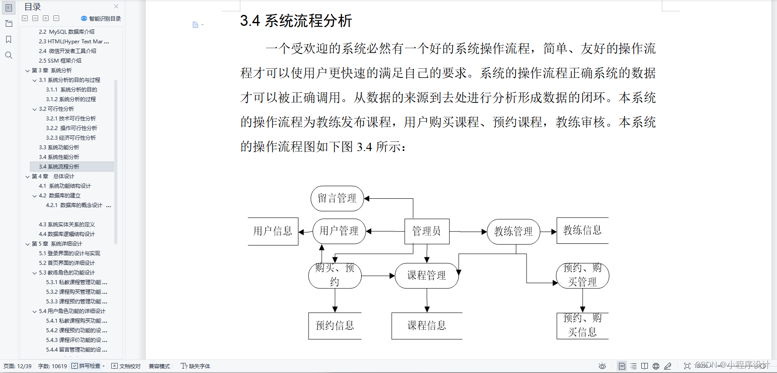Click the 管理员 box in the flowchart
(426, 231)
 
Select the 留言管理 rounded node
(337, 198)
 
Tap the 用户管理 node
(339, 231)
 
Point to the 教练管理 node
(513, 232)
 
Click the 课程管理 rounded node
(426, 275)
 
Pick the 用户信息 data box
(273, 231)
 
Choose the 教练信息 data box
(582, 230)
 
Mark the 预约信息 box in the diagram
(335, 326)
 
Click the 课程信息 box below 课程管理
(427, 326)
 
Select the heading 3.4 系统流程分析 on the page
(296, 21)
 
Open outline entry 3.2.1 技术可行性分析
(71, 119)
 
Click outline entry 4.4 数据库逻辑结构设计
(67, 234)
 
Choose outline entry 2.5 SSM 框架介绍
(60, 61)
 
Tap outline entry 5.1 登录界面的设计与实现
(70, 253)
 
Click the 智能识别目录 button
(101, 18)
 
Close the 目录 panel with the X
(116, 7)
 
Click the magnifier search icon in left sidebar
(8, 55)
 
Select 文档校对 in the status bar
(126, 366)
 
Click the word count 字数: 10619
(53, 366)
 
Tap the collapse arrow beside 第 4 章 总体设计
(28, 176)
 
